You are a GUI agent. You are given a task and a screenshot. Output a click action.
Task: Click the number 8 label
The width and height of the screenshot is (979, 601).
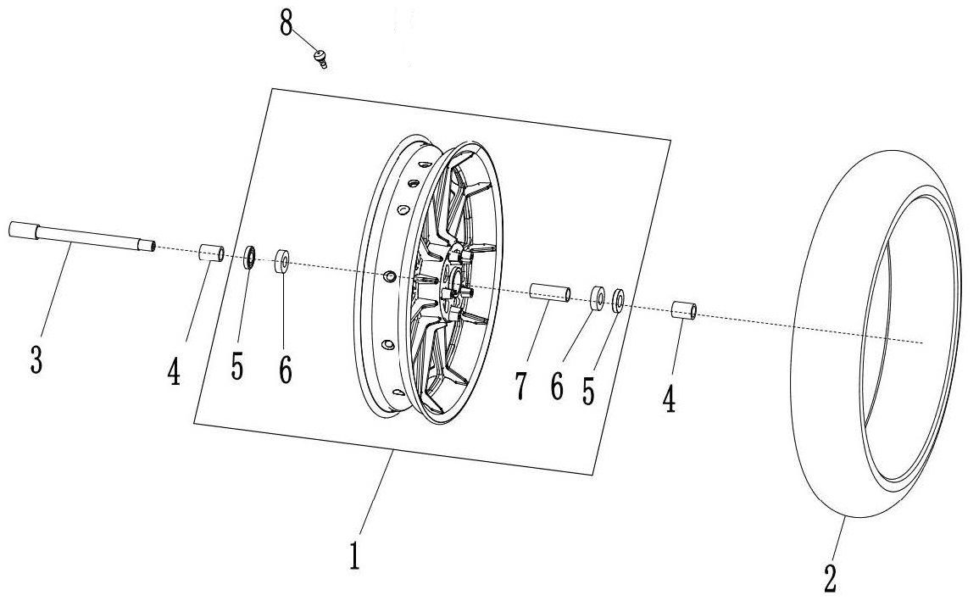[x=286, y=24]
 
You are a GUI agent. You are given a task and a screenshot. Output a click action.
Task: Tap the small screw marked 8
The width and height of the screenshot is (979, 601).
[x=320, y=58]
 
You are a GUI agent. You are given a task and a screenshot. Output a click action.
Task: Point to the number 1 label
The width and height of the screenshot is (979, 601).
[x=356, y=555]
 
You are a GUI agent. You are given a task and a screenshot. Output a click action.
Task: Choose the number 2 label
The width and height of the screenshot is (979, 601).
[x=831, y=578]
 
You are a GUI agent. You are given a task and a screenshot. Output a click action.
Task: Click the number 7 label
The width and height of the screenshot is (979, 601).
[x=520, y=385]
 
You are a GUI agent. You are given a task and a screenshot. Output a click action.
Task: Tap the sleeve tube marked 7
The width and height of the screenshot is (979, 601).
[x=550, y=292]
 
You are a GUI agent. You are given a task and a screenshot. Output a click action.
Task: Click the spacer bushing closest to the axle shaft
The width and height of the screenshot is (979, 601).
[x=211, y=253]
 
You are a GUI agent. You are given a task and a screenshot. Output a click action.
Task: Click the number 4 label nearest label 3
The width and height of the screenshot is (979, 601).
[x=174, y=371]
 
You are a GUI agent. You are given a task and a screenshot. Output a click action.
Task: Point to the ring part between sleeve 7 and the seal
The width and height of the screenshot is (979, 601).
[x=598, y=297]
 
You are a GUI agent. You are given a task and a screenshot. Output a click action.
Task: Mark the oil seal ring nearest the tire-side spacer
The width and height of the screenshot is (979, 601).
[x=619, y=299]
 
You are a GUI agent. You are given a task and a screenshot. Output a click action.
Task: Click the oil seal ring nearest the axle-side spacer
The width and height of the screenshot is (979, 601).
[x=251, y=256]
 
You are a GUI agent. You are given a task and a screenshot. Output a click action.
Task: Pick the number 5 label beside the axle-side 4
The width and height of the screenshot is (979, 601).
[x=237, y=366]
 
